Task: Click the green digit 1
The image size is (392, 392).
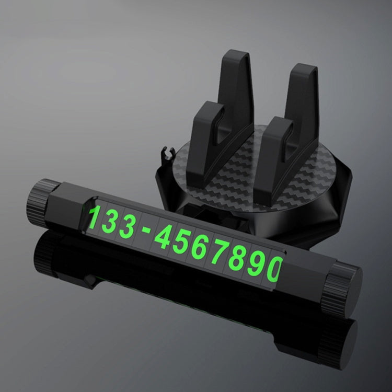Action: (95, 217)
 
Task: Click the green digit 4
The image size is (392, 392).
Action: (164, 236)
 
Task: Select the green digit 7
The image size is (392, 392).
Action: (219, 251)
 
